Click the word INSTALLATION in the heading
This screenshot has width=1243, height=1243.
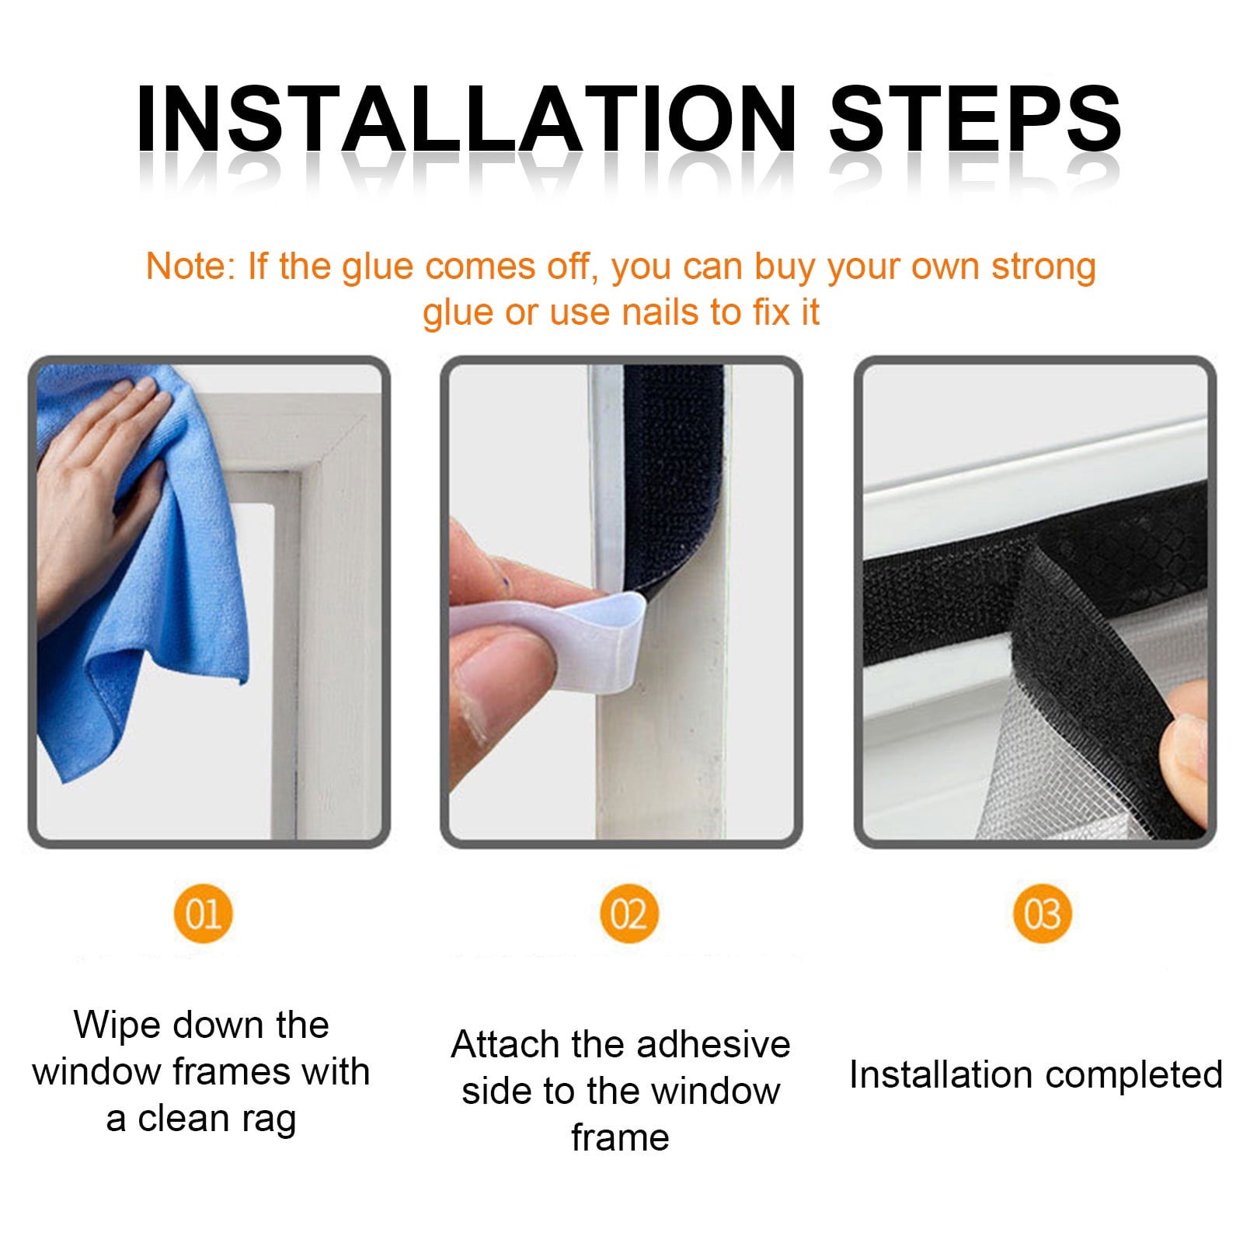[465, 118]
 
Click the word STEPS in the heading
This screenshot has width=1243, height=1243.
[975, 118]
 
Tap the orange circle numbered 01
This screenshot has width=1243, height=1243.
[204, 913]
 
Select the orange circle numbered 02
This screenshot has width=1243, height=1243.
[628, 913]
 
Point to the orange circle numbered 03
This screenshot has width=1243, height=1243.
[1043, 913]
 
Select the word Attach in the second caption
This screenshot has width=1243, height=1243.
[506, 1044]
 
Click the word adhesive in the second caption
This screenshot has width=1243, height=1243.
[712, 1044]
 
